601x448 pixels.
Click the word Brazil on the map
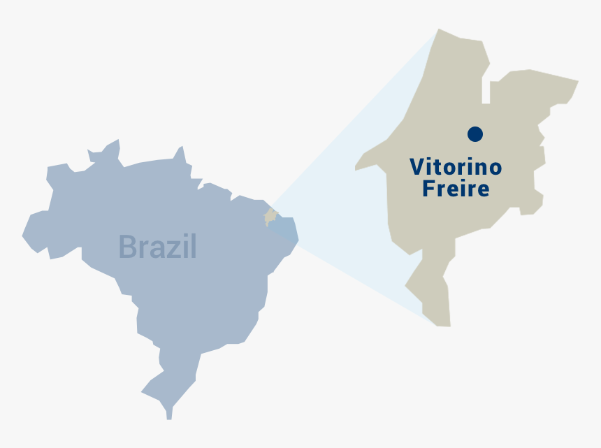pos(157,247)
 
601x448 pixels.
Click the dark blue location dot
pos(475,133)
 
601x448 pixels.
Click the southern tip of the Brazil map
pos(168,417)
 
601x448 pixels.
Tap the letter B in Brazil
pos(127,247)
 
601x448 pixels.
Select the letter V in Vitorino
pos(417,167)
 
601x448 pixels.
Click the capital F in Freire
pos(428,189)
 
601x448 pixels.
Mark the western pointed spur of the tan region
pos(357,168)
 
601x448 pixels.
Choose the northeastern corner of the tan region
pos(577,81)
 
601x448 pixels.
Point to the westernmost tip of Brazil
pos(24,236)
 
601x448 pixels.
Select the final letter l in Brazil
pos(193,246)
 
